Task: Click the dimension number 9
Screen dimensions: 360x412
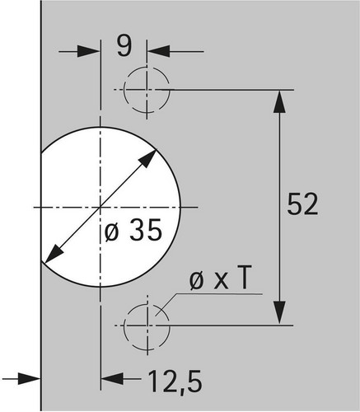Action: [x=124, y=46]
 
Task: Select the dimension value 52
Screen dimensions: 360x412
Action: [x=302, y=204]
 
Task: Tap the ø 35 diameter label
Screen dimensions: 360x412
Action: [x=133, y=230]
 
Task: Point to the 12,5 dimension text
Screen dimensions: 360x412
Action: [x=175, y=382]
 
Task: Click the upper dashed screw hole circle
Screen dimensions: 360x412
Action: [x=147, y=90]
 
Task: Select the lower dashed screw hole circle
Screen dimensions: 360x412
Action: [x=147, y=325]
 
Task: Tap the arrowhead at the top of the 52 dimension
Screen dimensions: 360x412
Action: [x=279, y=101]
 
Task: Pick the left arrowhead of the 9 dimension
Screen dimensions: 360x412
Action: [x=88, y=51]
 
